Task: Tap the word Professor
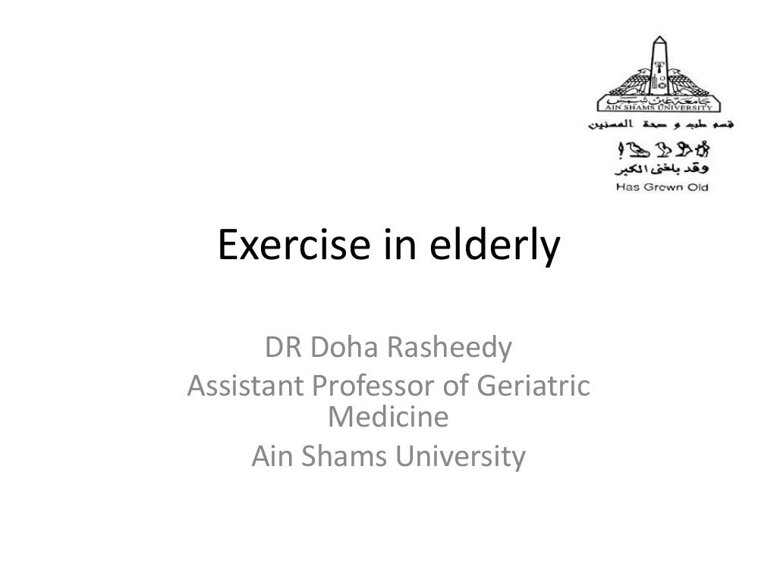pos(367,386)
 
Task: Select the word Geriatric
pos(530,386)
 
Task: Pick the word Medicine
pos(388,417)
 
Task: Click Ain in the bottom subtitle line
pos(269,456)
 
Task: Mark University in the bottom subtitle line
pos(456,456)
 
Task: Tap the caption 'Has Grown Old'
pos(662,186)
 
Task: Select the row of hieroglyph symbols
pos(662,149)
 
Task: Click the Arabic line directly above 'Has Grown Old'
pos(662,170)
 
